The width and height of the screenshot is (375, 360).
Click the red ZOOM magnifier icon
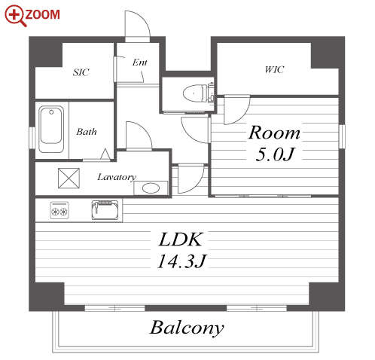[x=15, y=16]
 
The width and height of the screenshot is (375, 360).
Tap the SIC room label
[x=81, y=72]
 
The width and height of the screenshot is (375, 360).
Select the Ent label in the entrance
[x=139, y=63]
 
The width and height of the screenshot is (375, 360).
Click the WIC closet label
[x=274, y=69]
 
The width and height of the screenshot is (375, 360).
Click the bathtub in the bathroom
[x=51, y=129]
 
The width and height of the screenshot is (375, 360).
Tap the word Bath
[x=87, y=132]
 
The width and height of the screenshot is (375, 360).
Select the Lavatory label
[x=117, y=177]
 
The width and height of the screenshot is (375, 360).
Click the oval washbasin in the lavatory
[x=151, y=188]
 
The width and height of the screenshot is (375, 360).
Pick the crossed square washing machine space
[x=69, y=178]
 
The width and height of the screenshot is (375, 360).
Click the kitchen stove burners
[x=59, y=210]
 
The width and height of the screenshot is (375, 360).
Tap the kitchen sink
[x=105, y=210]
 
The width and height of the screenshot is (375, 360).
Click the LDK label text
[x=181, y=239]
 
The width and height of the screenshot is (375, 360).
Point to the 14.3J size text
[x=181, y=261]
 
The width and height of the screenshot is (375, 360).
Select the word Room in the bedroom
[x=274, y=133]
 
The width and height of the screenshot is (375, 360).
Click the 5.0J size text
[x=274, y=154]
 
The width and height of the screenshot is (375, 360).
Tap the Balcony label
[x=187, y=328]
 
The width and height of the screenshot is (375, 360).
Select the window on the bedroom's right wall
[x=342, y=136]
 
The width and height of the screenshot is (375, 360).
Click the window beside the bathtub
[x=32, y=138]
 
